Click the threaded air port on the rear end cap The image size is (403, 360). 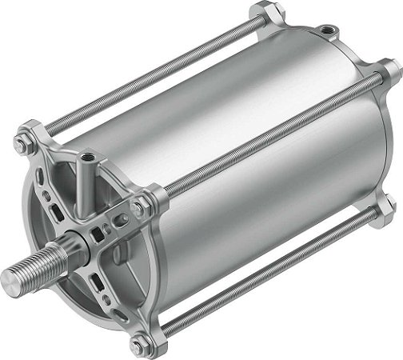click(x=325, y=33)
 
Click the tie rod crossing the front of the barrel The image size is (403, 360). click(x=264, y=136)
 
